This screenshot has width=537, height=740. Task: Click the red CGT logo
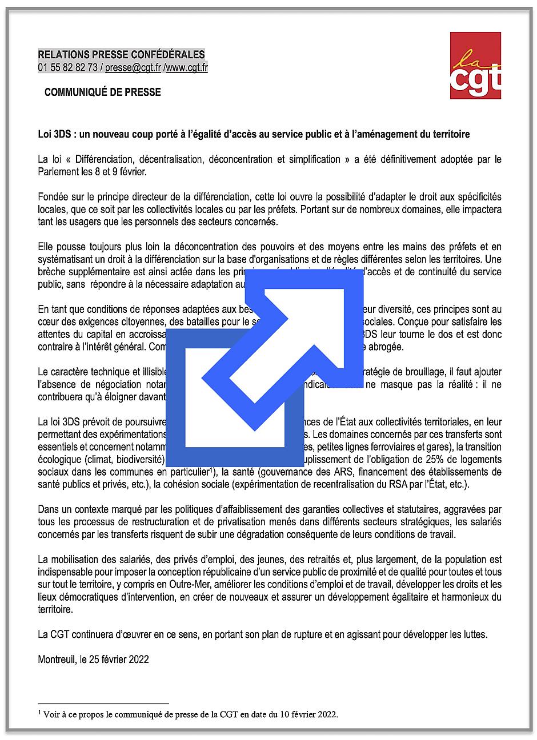tap(475, 65)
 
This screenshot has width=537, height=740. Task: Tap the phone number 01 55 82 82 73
tap(67, 68)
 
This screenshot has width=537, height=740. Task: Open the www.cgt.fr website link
tap(186, 68)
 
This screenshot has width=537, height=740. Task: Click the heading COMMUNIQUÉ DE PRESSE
tap(103, 92)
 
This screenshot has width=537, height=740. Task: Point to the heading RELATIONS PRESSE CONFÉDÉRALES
tap(121, 55)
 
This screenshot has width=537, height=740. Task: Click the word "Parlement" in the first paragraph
tap(58, 171)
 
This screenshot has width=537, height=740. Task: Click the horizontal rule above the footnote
tap(103, 703)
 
